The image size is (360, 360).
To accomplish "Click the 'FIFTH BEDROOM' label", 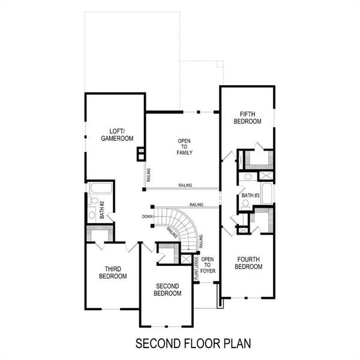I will click(x=247, y=118).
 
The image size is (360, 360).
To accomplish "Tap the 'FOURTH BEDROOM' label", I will click(x=248, y=263).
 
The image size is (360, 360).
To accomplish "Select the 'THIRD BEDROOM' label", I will click(x=112, y=273).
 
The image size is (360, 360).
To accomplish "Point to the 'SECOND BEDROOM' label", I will click(x=167, y=290).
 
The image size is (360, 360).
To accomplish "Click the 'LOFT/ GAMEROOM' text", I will click(x=116, y=134).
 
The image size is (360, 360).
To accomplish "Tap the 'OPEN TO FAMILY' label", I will click(x=184, y=147).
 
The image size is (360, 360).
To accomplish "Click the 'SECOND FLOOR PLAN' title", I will click(x=185, y=344).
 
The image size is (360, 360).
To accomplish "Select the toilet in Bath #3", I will click(x=245, y=205).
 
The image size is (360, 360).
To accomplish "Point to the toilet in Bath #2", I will click(x=92, y=214).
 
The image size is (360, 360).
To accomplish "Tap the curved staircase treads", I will click(x=180, y=225).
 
